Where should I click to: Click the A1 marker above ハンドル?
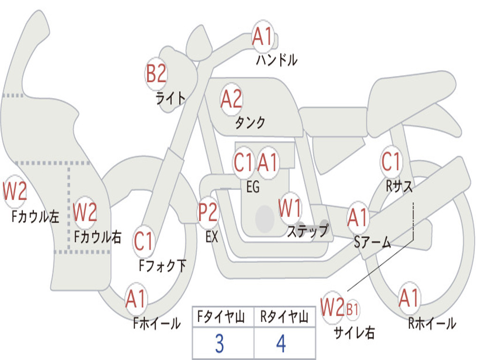(263, 37)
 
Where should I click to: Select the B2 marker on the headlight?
(156, 74)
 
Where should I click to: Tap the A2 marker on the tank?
(231, 99)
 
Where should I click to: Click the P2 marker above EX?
(208, 213)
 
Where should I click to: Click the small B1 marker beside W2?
(352, 309)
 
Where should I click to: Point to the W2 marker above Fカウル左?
(15, 192)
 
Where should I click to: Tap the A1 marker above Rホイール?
(409, 298)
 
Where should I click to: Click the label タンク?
(250, 123)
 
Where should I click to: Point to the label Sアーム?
(372, 242)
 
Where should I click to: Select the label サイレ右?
(354, 332)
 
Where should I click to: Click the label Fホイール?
(157, 323)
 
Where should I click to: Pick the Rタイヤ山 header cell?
(284, 317)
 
